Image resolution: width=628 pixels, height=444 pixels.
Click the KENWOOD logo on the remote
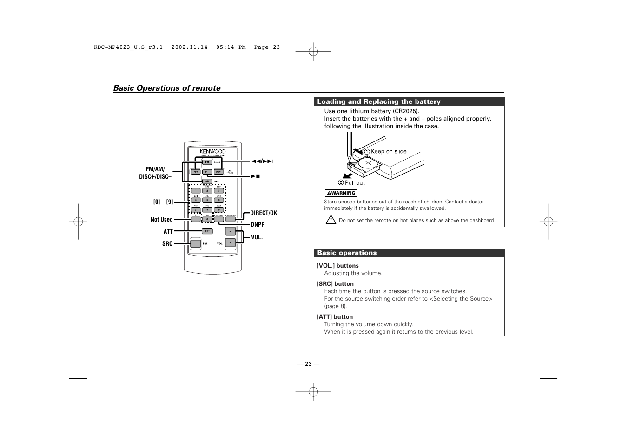coord(212,151)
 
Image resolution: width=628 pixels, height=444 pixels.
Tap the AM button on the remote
coord(207,182)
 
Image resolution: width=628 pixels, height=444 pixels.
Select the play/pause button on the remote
coord(207,172)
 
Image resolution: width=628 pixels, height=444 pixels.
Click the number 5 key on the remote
coord(207,200)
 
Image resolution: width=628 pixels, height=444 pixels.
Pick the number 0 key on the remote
coord(207,219)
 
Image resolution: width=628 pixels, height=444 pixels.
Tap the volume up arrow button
coord(231,231)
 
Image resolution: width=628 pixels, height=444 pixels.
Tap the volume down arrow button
coord(231,242)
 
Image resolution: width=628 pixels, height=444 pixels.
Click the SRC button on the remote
coord(195,243)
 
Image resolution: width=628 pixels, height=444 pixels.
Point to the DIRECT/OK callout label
coord(263,213)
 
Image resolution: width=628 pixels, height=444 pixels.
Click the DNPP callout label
coord(258,225)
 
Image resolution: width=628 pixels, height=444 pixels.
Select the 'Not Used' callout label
coord(161,220)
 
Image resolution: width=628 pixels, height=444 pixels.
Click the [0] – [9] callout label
coord(163,202)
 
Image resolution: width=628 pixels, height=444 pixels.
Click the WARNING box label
coord(341,193)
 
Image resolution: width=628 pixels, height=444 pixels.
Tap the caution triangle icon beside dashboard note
coord(331,220)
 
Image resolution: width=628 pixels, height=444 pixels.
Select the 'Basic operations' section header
coord(347,253)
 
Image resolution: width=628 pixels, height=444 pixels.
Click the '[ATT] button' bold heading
coord(335,317)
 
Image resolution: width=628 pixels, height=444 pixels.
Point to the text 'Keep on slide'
coord(389,151)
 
